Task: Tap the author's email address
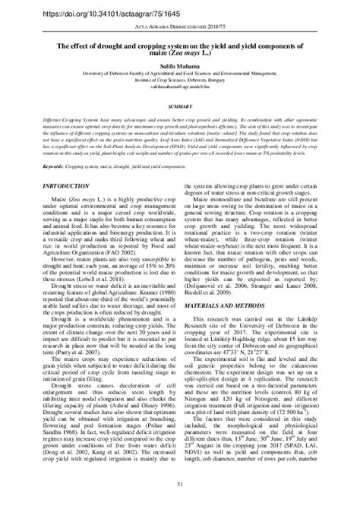(x=180, y=87)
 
